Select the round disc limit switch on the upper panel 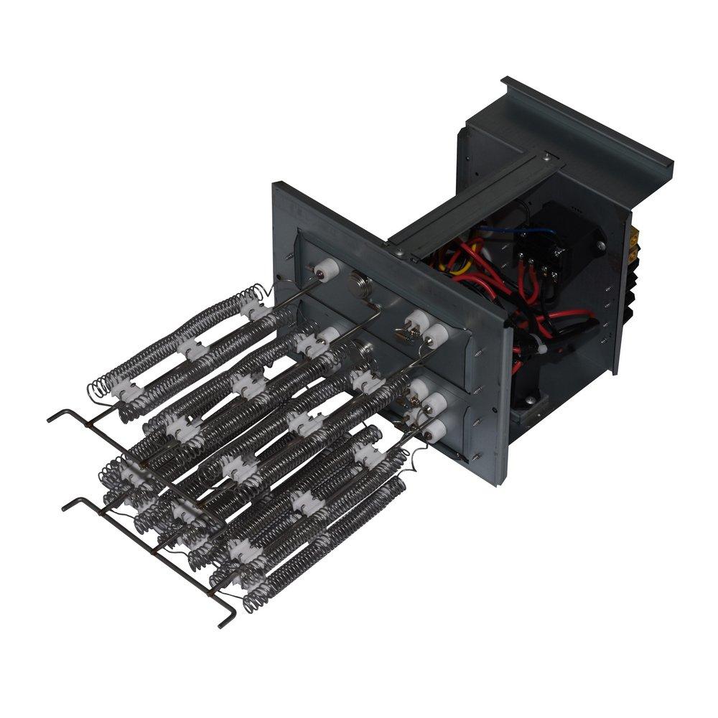coord(357,281)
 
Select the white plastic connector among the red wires coord(538,347)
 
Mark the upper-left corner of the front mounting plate coord(276,185)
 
